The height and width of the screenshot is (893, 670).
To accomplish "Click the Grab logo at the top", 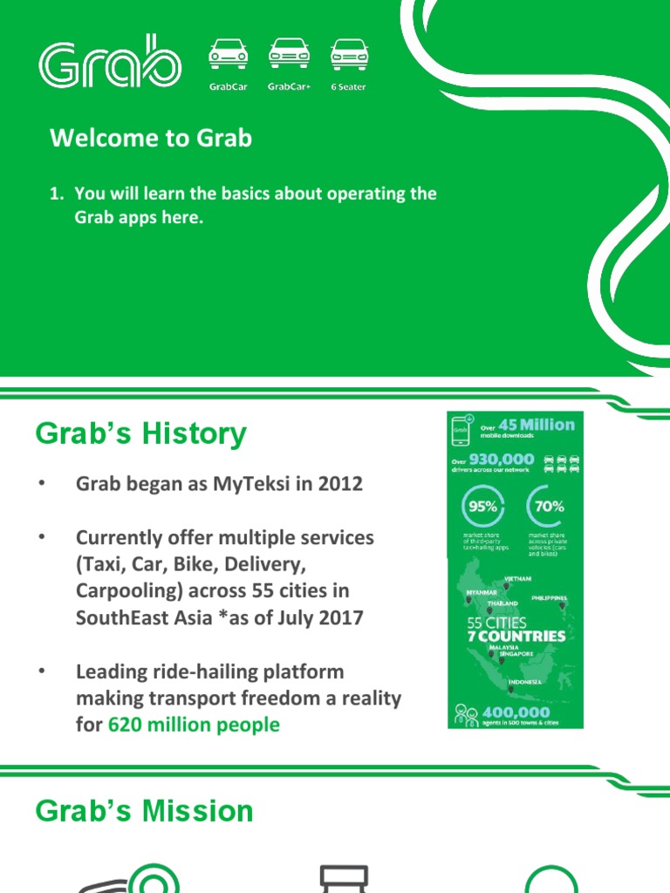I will click(109, 62).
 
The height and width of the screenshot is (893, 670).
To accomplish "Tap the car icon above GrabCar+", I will click(289, 54).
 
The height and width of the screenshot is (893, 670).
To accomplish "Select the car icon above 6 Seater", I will click(348, 54).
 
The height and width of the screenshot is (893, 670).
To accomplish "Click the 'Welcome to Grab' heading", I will click(151, 138).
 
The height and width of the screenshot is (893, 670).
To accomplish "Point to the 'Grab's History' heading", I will click(140, 433).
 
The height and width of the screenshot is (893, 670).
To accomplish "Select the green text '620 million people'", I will click(194, 725).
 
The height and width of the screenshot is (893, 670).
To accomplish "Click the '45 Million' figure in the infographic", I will click(537, 425).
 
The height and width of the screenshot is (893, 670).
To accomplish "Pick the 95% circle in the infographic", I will click(482, 506).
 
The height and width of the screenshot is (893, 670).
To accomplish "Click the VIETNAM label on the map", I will click(517, 578).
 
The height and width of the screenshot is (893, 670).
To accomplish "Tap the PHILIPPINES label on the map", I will click(549, 598).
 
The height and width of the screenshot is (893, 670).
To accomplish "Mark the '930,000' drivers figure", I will click(502, 460).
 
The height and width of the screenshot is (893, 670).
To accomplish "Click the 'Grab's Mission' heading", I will click(144, 811).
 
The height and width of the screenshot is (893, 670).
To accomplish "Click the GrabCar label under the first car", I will click(228, 87).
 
